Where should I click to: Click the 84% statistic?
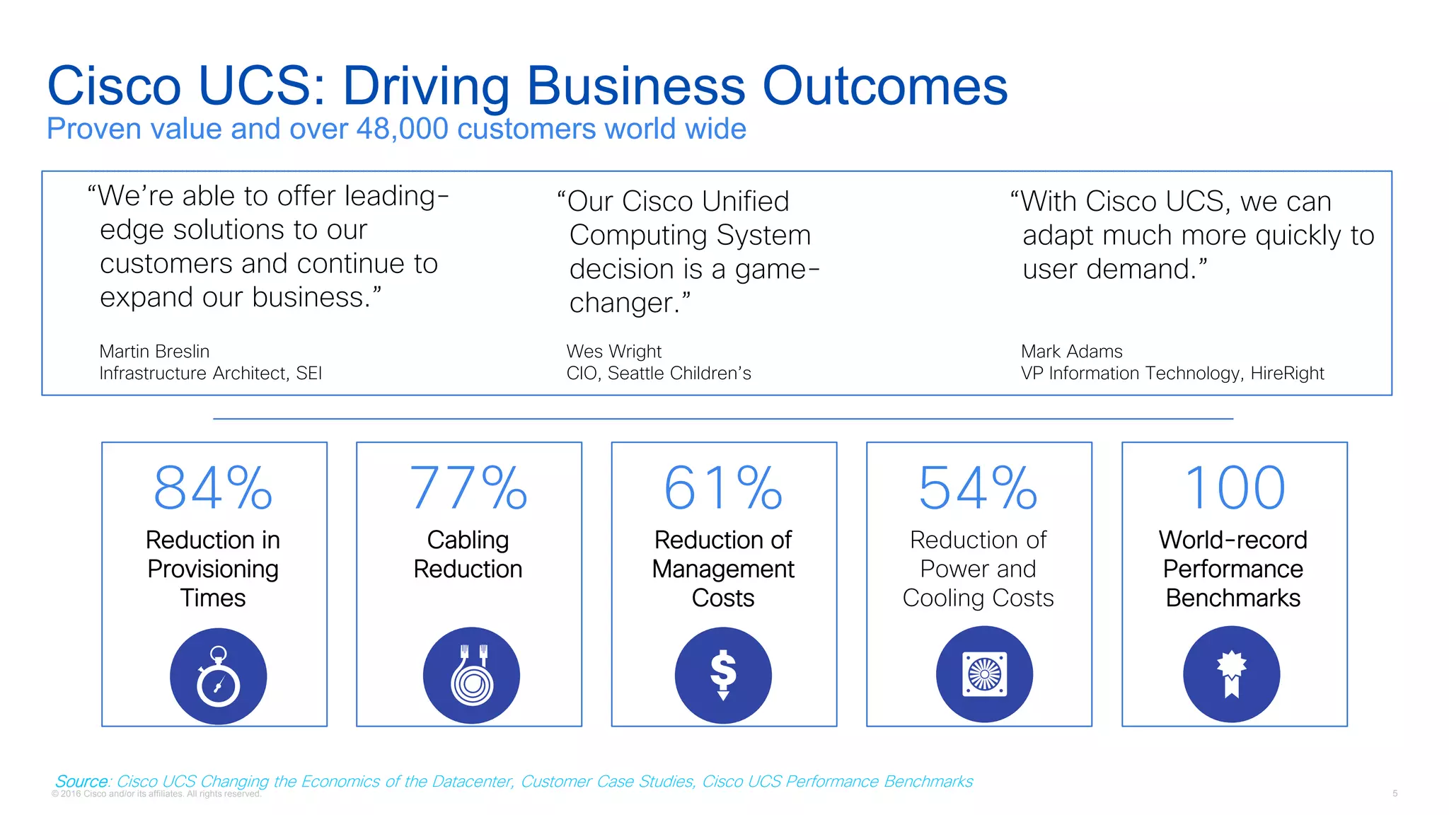(x=213, y=487)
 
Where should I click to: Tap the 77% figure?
(x=468, y=487)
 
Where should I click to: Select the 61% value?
(x=723, y=487)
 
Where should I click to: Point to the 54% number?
(x=978, y=487)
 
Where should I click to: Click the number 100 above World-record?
(x=1234, y=487)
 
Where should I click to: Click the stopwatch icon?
(x=218, y=676)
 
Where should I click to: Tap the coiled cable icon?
(x=471, y=675)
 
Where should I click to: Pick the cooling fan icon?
(x=984, y=674)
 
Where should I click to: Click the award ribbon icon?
(x=1231, y=674)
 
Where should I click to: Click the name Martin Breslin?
(x=154, y=352)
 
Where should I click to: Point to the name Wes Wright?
(x=613, y=352)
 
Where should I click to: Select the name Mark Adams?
(x=1071, y=352)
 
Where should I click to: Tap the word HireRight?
(x=1287, y=374)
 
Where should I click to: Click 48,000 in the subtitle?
(x=402, y=129)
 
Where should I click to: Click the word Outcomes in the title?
(x=884, y=86)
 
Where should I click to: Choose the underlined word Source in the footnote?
(x=81, y=781)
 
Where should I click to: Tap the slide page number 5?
(x=1395, y=794)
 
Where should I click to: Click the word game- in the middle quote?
(x=777, y=270)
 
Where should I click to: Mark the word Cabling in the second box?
(x=468, y=540)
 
